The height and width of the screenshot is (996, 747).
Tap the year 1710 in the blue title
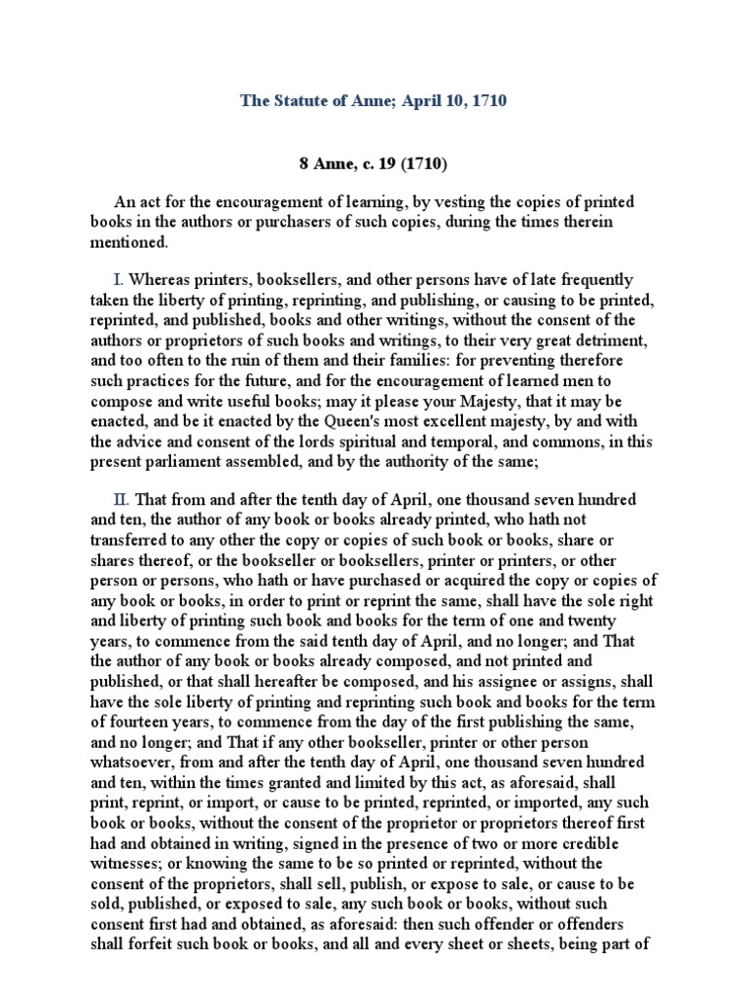point(486,100)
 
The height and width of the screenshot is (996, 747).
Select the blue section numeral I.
point(120,280)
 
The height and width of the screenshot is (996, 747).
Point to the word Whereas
point(160,280)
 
